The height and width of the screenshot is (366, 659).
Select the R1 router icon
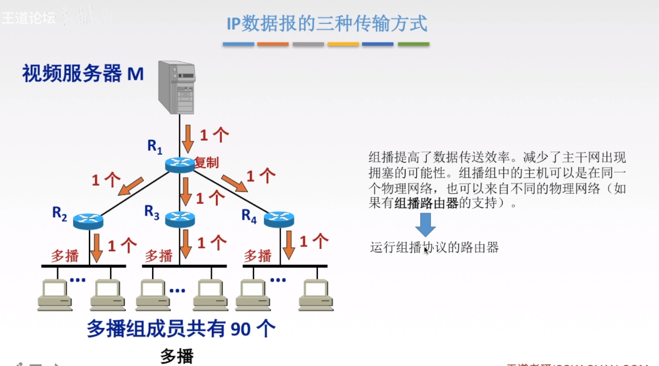[x=179, y=165]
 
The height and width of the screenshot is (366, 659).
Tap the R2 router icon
[x=88, y=221]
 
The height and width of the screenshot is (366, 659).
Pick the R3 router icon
[x=179, y=219]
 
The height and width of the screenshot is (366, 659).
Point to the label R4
[x=249, y=216]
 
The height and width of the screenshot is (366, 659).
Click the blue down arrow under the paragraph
[x=425, y=225]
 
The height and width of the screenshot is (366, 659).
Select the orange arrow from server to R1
[x=187, y=137]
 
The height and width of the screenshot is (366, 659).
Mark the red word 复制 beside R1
[x=207, y=162]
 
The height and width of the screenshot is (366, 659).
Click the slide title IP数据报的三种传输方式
[x=327, y=23]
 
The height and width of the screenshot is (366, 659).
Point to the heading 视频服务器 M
[x=83, y=74]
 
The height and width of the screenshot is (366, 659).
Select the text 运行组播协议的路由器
[x=434, y=248]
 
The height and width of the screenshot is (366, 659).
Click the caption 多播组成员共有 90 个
[x=181, y=329]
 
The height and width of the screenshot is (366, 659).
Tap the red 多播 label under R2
[x=65, y=256]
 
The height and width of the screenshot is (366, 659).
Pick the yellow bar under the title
[x=343, y=44]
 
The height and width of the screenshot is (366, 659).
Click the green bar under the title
[x=413, y=44]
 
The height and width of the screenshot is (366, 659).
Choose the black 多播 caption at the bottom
[x=177, y=355]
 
